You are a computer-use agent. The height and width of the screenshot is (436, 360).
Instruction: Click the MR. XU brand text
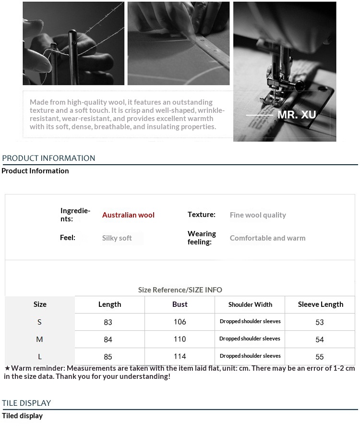click(x=297, y=115)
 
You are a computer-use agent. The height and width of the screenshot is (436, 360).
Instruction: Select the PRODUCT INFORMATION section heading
click(x=48, y=158)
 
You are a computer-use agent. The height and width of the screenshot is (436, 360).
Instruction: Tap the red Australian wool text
click(x=128, y=215)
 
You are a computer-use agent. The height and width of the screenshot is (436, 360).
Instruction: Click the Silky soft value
click(x=117, y=238)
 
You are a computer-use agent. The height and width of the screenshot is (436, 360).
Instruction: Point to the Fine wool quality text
click(x=258, y=215)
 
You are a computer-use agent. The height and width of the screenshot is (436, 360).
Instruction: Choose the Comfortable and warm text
click(x=267, y=238)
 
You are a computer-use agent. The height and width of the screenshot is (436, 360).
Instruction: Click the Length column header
click(x=109, y=304)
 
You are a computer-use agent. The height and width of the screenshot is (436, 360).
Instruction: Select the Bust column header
click(x=180, y=304)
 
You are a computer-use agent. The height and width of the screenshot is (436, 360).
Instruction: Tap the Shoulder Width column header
click(x=250, y=304)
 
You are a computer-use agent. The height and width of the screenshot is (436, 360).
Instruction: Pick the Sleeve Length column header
click(x=320, y=304)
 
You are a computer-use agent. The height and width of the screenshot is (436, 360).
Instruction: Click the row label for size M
click(x=39, y=339)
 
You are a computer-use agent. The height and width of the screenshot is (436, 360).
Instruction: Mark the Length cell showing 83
click(x=108, y=322)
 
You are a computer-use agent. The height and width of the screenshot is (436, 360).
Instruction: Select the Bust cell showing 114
click(x=180, y=357)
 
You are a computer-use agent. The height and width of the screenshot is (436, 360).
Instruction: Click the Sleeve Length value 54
click(x=320, y=339)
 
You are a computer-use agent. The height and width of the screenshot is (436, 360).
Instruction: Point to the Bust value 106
click(x=180, y=322)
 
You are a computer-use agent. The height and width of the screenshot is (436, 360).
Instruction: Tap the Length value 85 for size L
click(x=108, y=357)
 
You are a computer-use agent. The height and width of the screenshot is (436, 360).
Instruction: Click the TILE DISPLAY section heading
click(x=26, y=403)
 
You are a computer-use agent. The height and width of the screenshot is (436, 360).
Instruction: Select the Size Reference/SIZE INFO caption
click(x=180, y=290)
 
